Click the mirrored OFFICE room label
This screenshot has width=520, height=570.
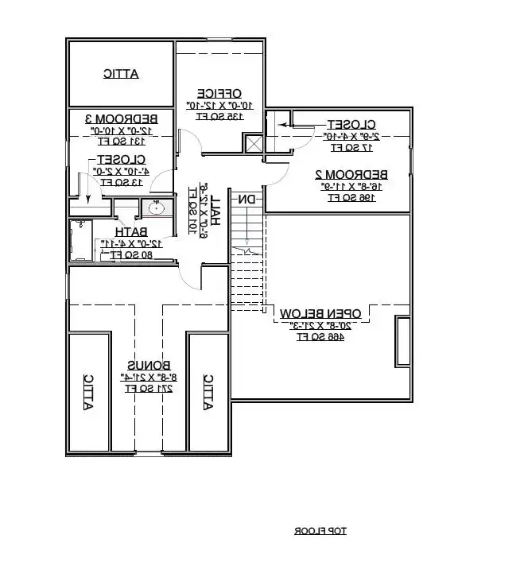[x=219, y=93]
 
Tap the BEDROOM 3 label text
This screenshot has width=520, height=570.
[x=120, y=118]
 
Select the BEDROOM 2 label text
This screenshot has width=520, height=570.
[x=351, y=174]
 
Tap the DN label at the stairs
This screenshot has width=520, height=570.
[x=247, y=200]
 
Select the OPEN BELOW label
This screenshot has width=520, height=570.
[x=321, y=312]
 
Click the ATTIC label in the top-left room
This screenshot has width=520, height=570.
[x=121, y=74]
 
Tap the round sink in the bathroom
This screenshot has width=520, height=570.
[x=157, y=209]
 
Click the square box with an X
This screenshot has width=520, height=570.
[x=254, y=144]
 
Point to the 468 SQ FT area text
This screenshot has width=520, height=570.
[x=321, y=336]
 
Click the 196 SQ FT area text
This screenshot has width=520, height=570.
[x=352, y=197]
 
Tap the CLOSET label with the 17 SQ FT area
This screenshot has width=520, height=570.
[x=351, y=124]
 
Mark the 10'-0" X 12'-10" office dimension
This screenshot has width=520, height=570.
[x=219, y=105]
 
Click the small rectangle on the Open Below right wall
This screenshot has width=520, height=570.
[x=402, y=343]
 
